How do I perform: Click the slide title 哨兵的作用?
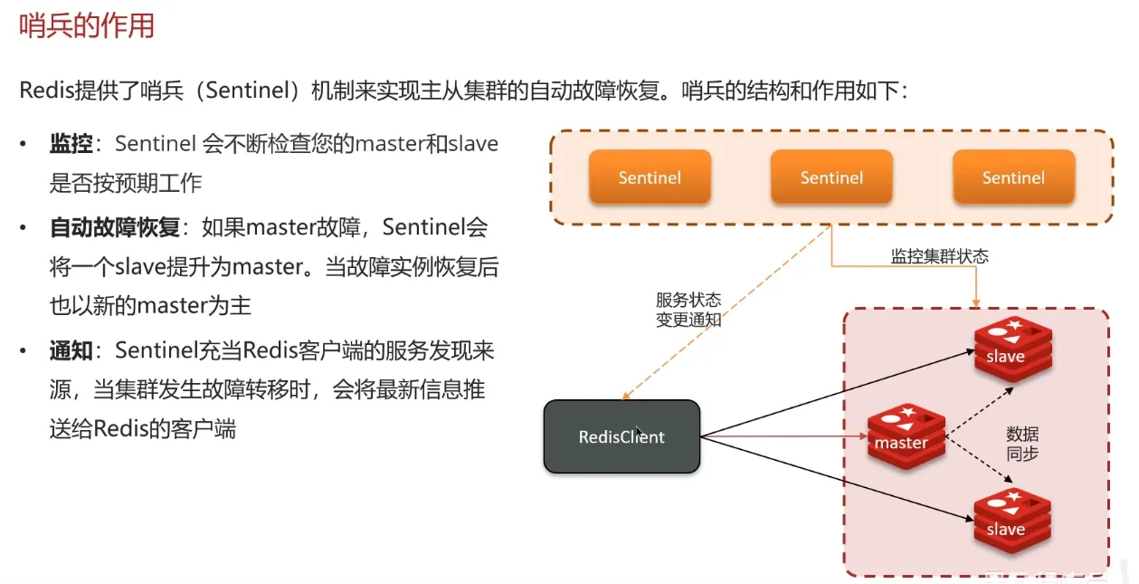[87, 25]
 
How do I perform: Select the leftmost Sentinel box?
[650, 177]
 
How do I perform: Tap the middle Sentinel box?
[831, 177]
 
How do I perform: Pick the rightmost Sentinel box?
[1013, 177]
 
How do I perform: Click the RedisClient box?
[622, 437]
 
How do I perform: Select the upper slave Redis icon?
[1012, 350]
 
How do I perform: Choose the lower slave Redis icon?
[1012, 522]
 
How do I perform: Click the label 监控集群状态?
[940, 256]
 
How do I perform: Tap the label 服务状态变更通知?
[688, 310]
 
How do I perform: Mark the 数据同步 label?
[1022, 444]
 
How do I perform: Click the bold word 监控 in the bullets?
[71, 144]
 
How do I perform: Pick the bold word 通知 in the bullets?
[71, 350]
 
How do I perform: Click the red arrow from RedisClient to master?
[783, 438]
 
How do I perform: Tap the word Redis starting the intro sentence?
[47, 91]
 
